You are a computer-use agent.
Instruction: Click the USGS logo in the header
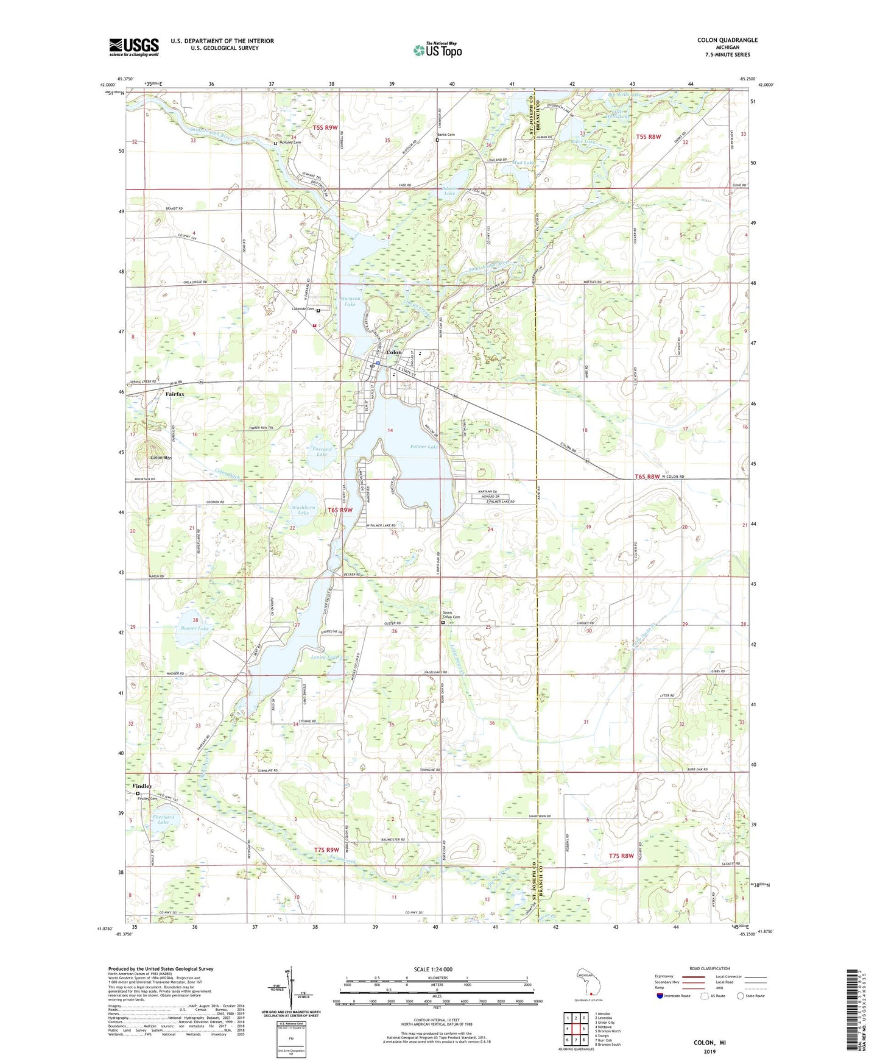tap(134, 46)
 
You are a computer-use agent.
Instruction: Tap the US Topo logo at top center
tap(437, 50)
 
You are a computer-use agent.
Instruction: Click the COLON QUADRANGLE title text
tap(727, 40)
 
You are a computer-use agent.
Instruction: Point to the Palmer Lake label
tap(424, 447)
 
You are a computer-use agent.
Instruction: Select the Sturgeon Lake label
tap(350, 301)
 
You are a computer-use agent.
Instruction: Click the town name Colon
tap(394, 352)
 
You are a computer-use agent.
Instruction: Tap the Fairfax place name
tap(175, 394)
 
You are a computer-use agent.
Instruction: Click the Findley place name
tap(143, 786)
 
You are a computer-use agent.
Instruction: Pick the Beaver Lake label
tap(194, 628)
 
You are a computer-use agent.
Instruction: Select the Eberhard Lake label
tap(163, 820)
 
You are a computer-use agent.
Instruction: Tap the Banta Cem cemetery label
tap(446, 135)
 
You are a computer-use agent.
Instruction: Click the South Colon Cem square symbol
tap(443, 623)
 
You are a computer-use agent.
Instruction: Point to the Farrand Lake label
tap(322, 452)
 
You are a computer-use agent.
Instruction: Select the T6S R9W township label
tap(340, 510)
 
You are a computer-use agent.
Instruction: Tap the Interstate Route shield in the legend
tap(660, 996)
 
